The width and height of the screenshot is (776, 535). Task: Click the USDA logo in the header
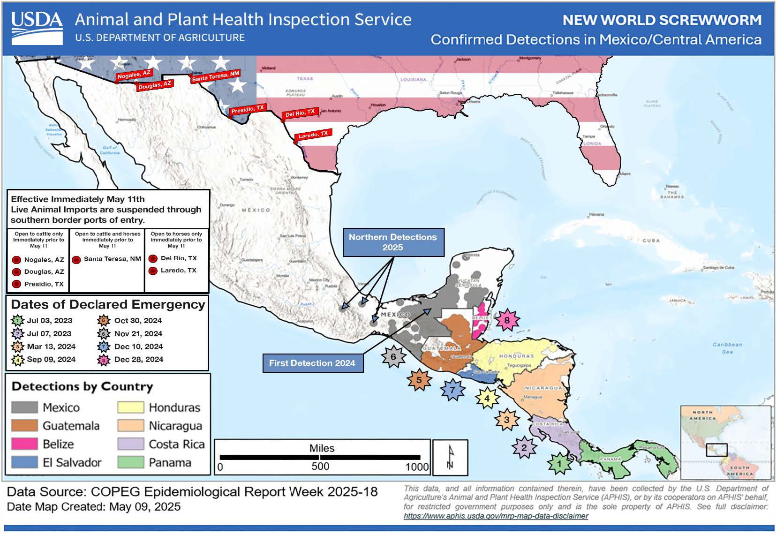coord(37,28)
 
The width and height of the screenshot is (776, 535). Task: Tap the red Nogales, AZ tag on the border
coord(134,75)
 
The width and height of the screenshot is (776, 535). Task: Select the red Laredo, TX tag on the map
coord(314,135)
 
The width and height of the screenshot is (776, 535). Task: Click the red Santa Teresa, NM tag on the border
coord(216,76)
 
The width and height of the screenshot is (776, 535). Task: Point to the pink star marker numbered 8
coord(506,321)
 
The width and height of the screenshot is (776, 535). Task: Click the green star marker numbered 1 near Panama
coord(558,464)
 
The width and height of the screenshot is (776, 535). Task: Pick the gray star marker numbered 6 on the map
coord(393,357)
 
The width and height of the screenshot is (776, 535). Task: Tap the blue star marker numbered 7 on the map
coord(452,389)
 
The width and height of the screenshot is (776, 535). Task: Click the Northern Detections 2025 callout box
coord(393,242)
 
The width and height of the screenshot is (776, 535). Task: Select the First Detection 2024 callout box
coord(312,363)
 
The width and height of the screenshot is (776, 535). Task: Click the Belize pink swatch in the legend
coord(24,444)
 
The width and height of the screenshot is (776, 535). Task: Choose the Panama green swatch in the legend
coord(131,462)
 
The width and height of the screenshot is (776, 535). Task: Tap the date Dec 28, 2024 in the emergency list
coord(139,360)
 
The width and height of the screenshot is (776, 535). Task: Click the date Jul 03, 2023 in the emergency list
coord(50,321)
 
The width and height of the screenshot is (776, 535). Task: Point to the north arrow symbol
coord(450,457)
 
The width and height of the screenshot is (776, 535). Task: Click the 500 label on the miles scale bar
coord(320,467)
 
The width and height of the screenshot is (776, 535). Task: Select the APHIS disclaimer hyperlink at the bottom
coord(496,516)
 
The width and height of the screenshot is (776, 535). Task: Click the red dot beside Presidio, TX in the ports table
coord(16,284)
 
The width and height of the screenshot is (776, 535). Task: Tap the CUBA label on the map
coord(651,241)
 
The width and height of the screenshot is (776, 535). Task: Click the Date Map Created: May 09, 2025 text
coord(94,507)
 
